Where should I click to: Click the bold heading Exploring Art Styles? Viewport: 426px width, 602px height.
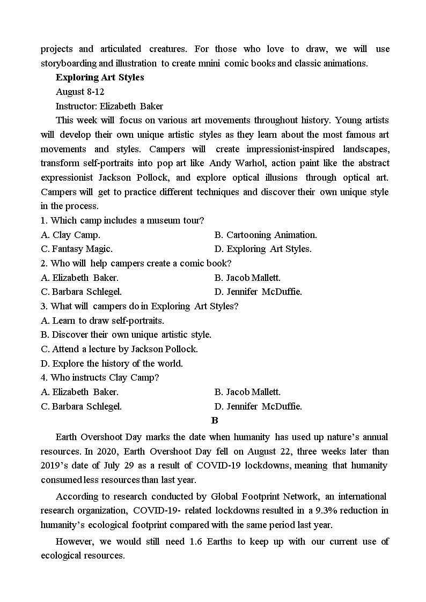point(100,77)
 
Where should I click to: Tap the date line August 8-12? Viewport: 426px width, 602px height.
point(76,92)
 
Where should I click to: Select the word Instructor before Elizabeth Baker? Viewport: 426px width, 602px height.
point(76,106)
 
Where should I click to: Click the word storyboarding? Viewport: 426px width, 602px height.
point(69,63)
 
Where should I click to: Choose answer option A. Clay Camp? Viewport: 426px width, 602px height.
point(70,235)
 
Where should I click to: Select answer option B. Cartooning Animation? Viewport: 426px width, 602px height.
point(266,235)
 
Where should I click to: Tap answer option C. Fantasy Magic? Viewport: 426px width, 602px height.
point(77,249)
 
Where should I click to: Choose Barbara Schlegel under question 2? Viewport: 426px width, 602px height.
point(82,292)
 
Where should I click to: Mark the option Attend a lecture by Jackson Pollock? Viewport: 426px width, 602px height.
point(119,349)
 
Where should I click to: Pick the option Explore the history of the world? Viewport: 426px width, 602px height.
point(112,363)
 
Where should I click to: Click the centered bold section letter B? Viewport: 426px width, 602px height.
point(215,421)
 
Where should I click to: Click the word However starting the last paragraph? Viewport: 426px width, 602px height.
point(75,541)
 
